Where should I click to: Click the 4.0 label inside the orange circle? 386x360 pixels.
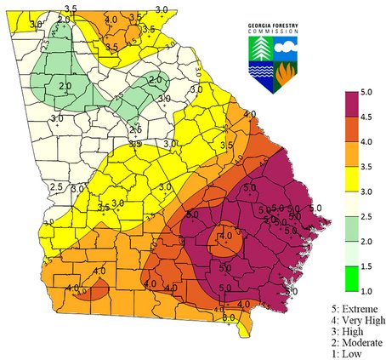[x=225, y=235]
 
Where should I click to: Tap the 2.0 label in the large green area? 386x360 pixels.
[x=65, y=86]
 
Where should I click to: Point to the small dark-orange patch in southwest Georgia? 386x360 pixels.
[x=94, y=292]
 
